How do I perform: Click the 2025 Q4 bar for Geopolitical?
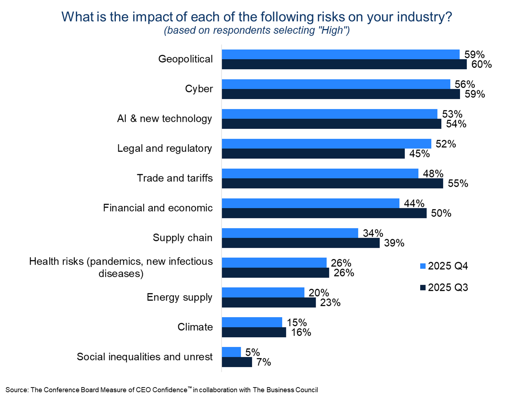tap(340, 54)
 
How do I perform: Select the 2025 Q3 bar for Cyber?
tap(341, 94)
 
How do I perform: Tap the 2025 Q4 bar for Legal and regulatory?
tap(326, 144)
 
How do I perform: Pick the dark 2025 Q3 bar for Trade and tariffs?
tap(332, 184)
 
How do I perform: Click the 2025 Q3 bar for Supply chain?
tap(301, 243)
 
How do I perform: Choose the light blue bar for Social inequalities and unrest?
tap(231, 352)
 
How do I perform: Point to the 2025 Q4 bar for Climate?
tap(252, 322)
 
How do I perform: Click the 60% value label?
tap(481, 64)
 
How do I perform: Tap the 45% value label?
tap(419, 154)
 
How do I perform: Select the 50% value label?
tap(441, 213)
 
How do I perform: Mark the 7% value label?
tap(264, 362)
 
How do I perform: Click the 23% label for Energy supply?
tap(330, 303)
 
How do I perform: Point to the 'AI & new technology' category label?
tap(165, 119)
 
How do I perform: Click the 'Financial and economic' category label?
tap(158, 208)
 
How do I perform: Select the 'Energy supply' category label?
tap(179, 297)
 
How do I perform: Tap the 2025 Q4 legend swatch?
tap(423, 266)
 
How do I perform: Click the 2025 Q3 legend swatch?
tap(423, 288)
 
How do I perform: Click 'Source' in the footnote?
tap(17, 390)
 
